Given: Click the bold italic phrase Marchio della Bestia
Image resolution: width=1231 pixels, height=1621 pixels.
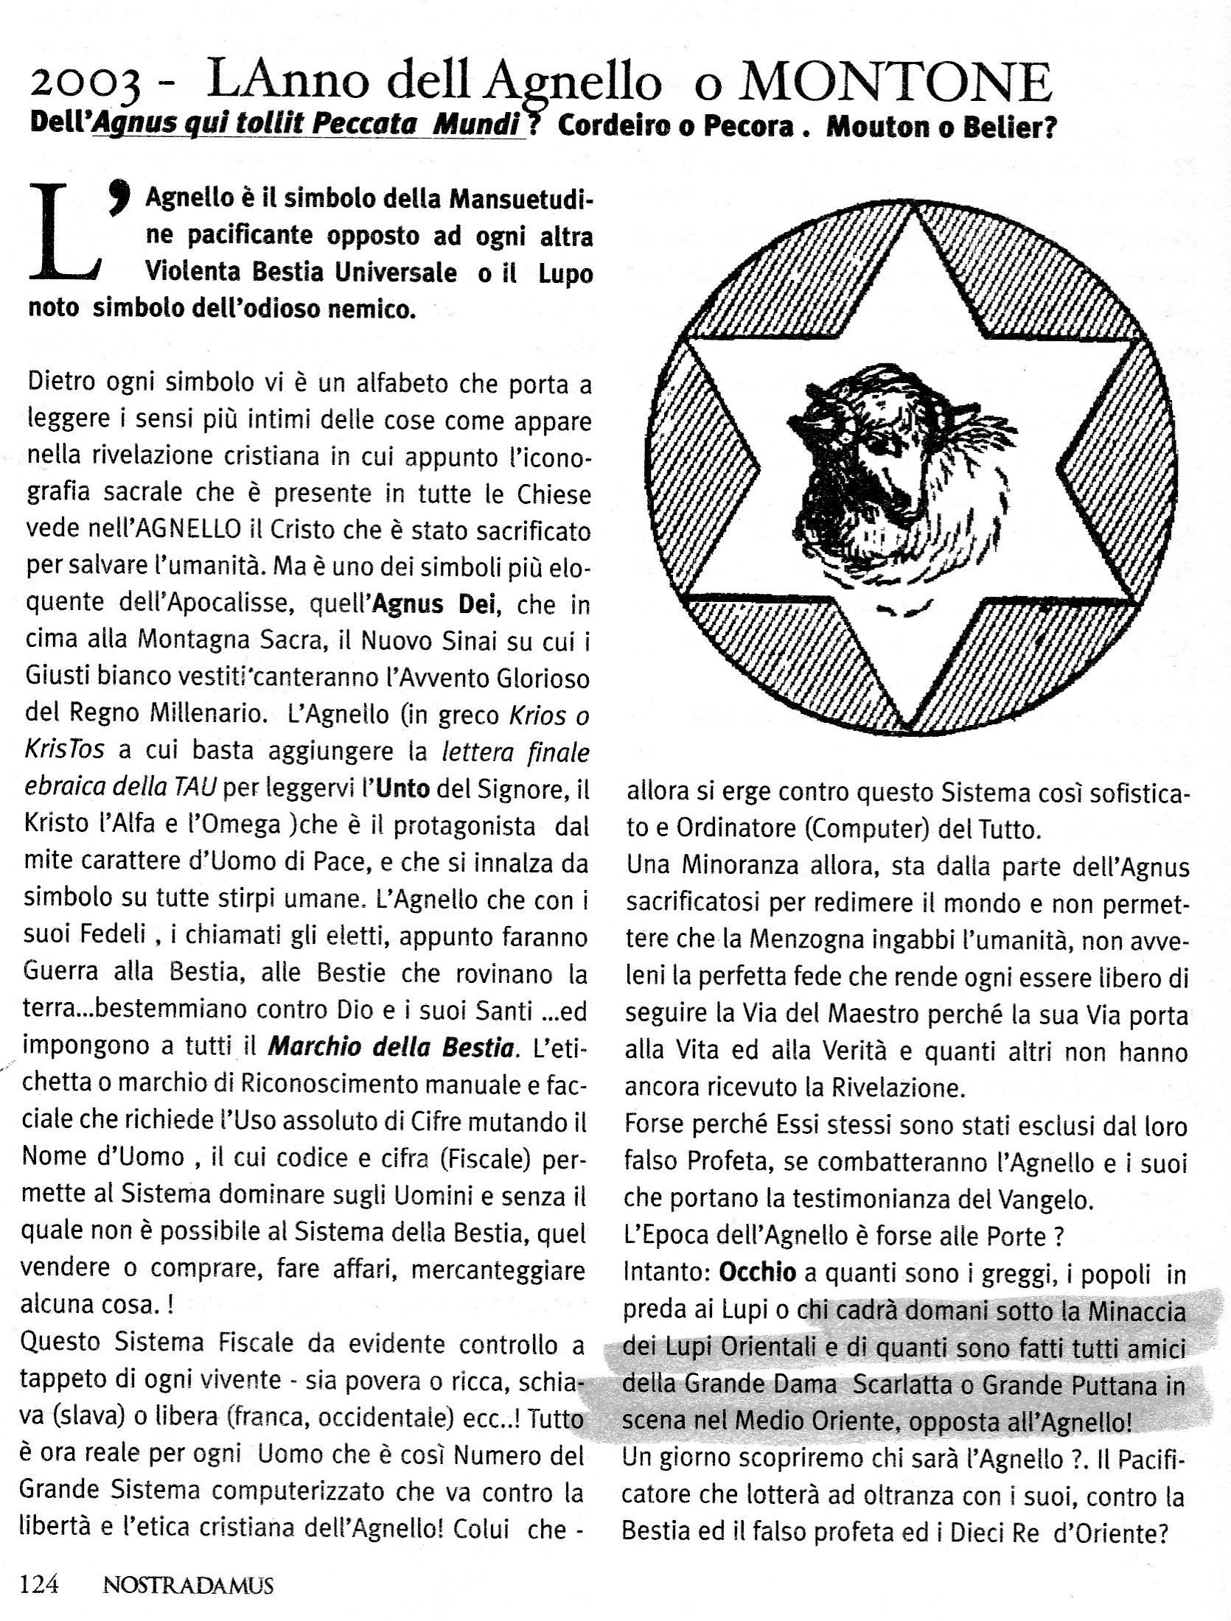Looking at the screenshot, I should pyautogui.click(x=390, y=1048).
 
